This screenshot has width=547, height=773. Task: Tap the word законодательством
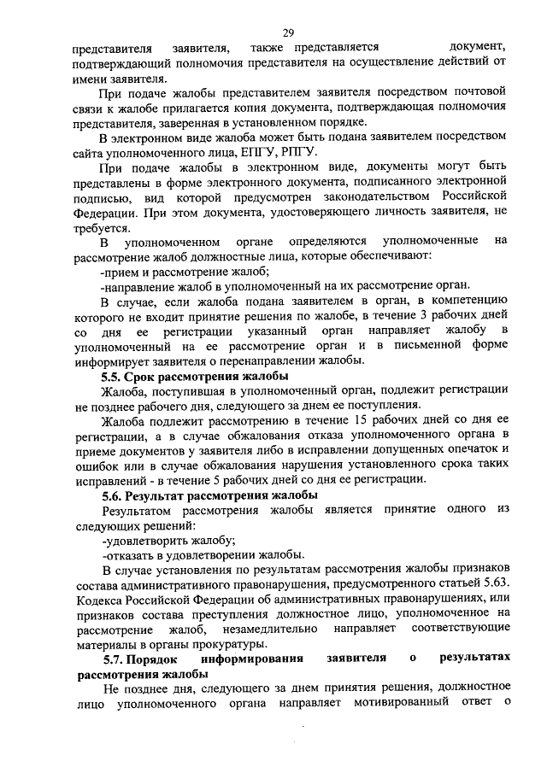click(x=373, y=196)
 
